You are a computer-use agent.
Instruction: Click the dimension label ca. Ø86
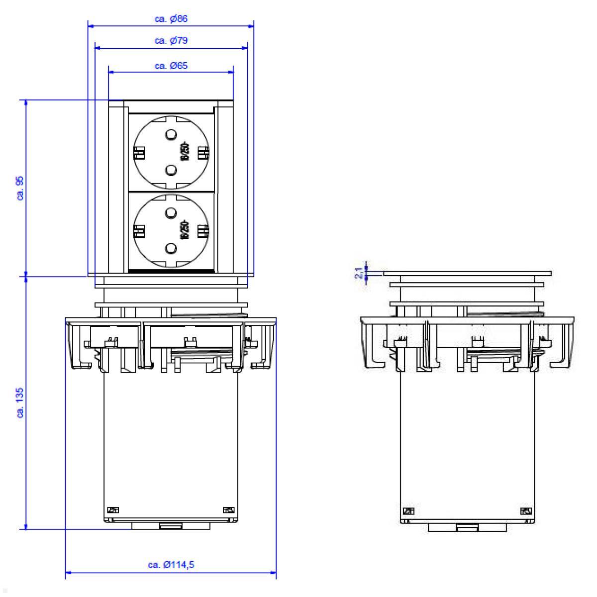tap(171, 19)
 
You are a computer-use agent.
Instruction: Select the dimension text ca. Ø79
tap(171, 41)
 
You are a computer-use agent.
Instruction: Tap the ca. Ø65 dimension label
tap(171, 65)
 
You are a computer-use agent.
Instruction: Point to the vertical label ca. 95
tap(20, 188)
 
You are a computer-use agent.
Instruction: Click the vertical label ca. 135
tap(20, 404)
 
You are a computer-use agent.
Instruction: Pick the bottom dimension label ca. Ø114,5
tap(171, 565)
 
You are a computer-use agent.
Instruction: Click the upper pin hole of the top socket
tap(171, 134)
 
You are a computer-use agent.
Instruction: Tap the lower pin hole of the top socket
tap(171, 171)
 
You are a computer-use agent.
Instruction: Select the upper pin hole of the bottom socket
tap(171, 213)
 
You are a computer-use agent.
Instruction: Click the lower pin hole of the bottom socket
tap(171, 248)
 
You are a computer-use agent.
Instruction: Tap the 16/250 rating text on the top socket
tap(186, 152)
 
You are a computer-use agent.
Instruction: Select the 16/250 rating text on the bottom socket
tap(186, 230)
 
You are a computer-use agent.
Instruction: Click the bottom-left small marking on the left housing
tap(113, 509)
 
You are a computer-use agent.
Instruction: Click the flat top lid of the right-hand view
tap(467, 273)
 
